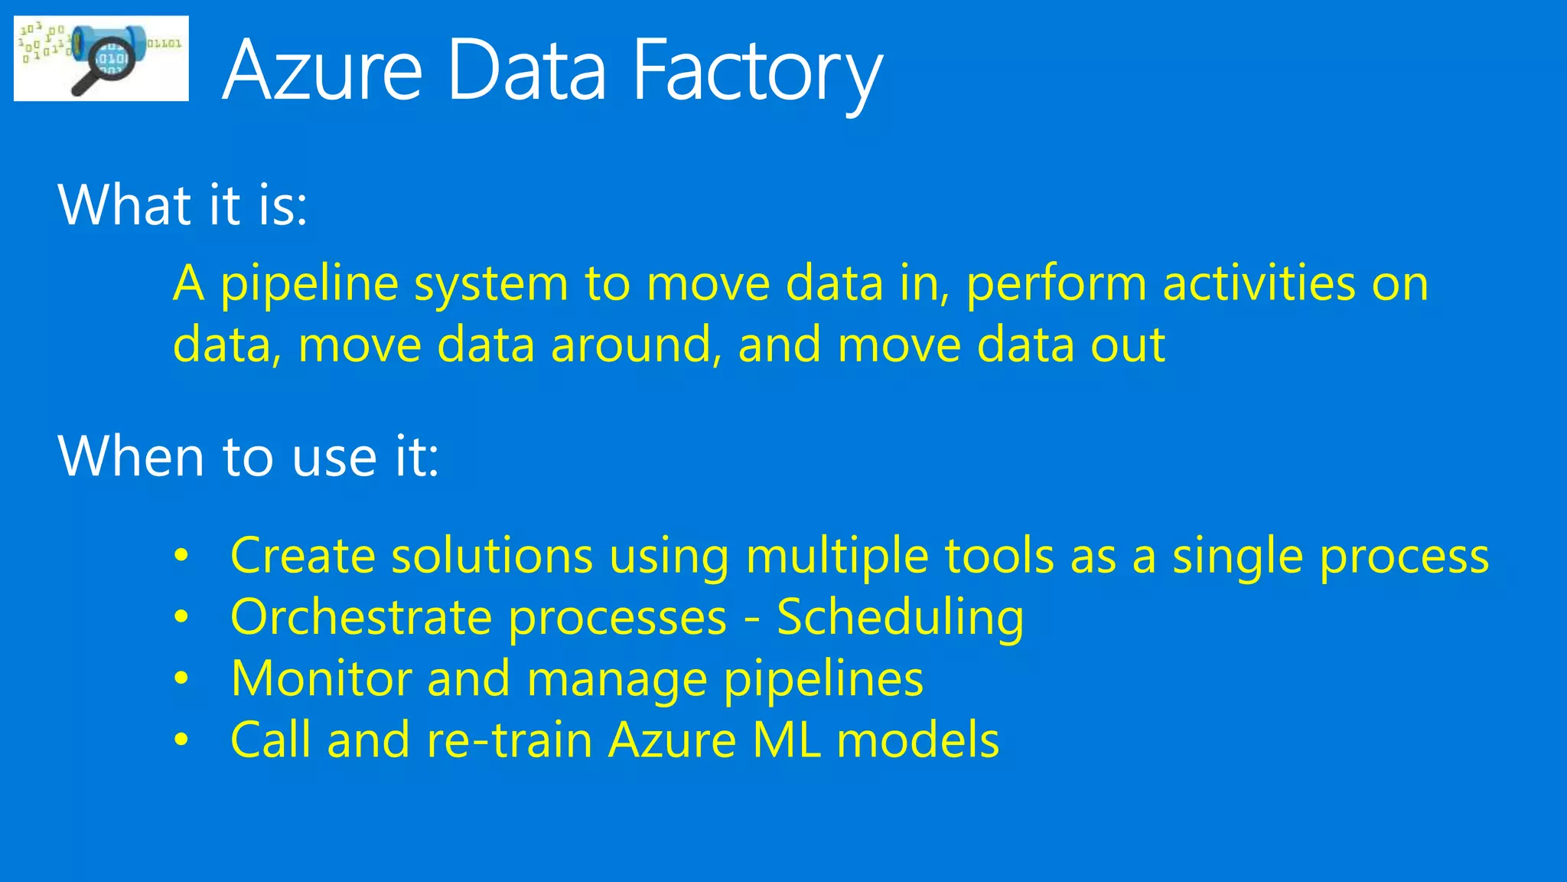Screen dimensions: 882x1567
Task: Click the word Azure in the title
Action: [x=322, y=70]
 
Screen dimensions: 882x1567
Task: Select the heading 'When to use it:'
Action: [x=249, y=456]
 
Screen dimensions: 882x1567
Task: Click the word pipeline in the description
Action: [x=309, y=285]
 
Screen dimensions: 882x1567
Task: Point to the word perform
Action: [x=1056, y=285]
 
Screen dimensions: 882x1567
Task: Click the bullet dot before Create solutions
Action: [x=181, y=556]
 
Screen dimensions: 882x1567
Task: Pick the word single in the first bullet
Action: [x=1237, y=557]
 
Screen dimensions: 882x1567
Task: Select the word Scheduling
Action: [x=900, y=619]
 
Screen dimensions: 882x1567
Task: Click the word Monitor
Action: [x=321, y=678]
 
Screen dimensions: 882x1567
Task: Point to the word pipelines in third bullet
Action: [x=823, y=680]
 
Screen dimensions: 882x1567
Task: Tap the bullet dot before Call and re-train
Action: [x=181, y=740]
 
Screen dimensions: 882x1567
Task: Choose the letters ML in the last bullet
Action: [x=787, y=740]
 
